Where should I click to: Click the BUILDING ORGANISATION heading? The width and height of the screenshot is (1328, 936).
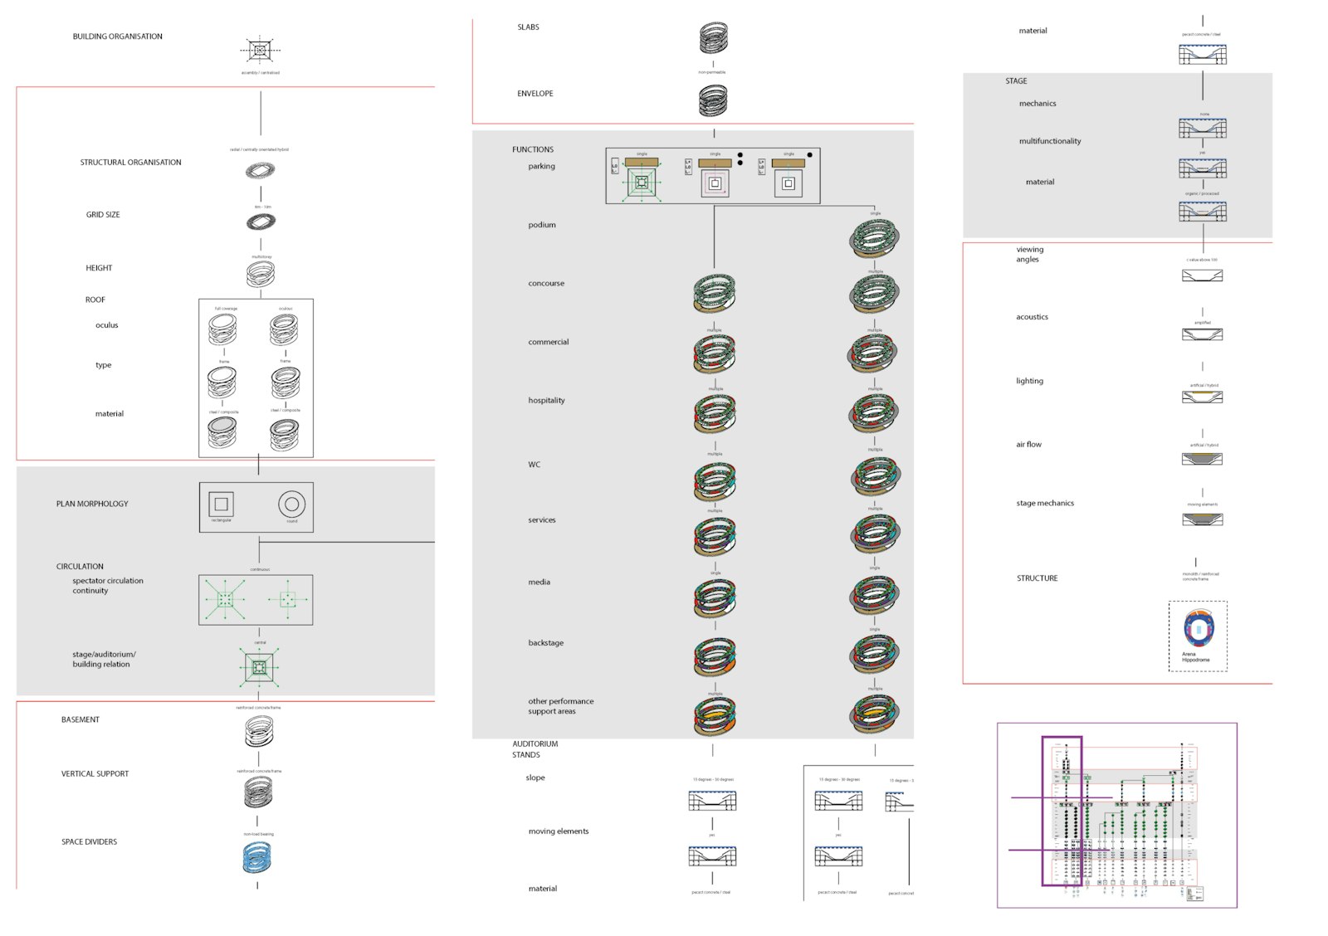click(117, 37)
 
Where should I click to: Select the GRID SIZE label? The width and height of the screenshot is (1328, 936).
click(103, 215)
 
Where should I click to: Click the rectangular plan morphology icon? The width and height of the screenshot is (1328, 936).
click(221, 504)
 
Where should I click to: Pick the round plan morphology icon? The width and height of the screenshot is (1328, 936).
click(291, 504)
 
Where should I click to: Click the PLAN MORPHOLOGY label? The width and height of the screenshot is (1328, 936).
click(92, 504)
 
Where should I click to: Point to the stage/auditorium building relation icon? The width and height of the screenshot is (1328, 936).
click(259, 667)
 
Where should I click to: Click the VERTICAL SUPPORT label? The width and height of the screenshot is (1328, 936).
click(95, 774)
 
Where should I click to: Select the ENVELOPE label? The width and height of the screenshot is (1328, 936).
click(535, 94)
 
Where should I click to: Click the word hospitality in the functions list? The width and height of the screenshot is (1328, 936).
click(546, 401)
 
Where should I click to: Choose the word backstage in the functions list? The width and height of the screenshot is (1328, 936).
click(545, 643)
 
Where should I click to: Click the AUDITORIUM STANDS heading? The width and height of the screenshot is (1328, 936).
click(535, 749)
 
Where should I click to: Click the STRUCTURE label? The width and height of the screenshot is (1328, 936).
click(1037, 578)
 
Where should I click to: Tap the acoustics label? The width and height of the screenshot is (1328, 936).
click(1032, 317)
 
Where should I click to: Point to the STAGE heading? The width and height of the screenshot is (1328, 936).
click(1016, 81)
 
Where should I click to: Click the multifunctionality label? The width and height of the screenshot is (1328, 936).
click(1050, 141)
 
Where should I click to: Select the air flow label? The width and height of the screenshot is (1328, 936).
click(1028, 445)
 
